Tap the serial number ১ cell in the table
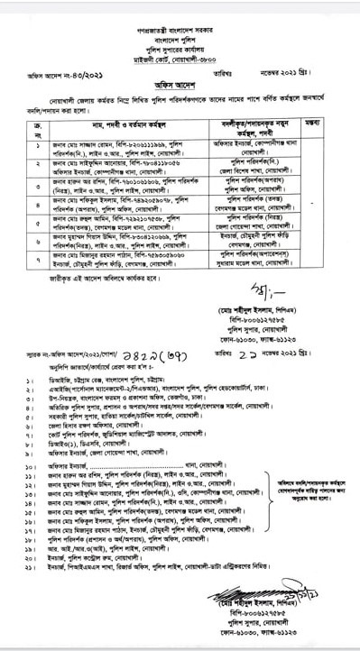[x=37, y=145]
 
